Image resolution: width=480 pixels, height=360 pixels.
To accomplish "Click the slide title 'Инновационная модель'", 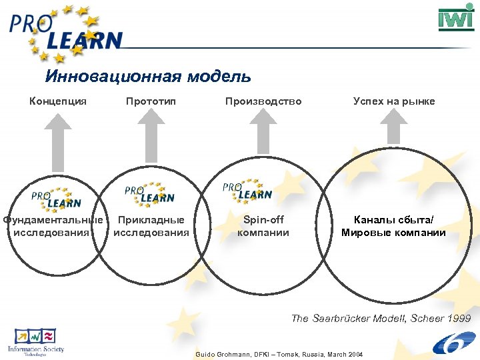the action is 148,76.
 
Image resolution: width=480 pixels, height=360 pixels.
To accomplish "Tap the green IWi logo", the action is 456,19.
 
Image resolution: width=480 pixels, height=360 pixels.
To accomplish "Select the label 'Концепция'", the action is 58,101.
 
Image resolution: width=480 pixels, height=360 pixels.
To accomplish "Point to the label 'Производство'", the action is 263,101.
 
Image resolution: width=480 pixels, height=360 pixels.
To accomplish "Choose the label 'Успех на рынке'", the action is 394,101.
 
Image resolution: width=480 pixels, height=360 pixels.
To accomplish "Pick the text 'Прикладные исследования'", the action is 151,226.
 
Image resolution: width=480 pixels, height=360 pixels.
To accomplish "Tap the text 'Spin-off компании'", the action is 263,226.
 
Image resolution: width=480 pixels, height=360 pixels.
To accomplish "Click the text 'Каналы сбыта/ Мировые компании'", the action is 393,226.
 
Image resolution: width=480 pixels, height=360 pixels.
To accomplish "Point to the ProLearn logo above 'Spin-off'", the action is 247,191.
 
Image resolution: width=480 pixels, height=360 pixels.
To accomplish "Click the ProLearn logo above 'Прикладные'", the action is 149,194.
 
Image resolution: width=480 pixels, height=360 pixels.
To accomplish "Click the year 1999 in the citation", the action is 459,318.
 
